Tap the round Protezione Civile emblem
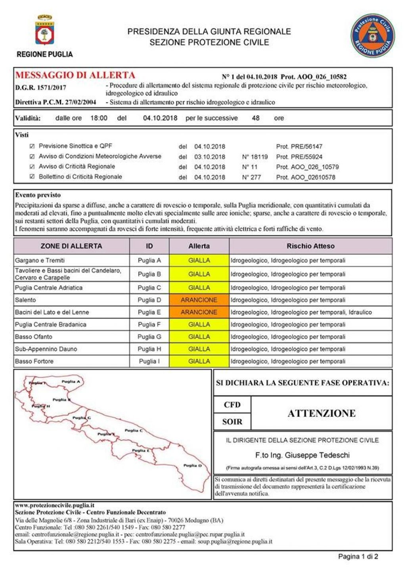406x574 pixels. click(x=372, y=36)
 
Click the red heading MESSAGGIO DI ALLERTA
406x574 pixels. click(x=75, y=75)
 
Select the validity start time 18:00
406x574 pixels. click(x=99, y=118)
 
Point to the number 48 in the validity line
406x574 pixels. click(x=256, y=118)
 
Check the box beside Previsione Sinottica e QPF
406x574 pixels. click(x=32, y=146)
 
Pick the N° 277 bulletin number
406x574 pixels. click(x=251, y=177)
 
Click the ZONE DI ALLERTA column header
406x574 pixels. click(x=71, y=246)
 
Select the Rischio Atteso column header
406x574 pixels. click(x=310, y=246)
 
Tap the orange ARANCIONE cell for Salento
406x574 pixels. click(x=199, y=300)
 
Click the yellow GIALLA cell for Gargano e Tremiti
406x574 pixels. click(x=199, y=260)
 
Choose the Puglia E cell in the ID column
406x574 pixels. click(x=149, y=312)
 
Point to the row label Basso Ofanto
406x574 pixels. click(x=34, y=337)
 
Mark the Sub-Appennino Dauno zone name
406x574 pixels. click(x=46, y=349)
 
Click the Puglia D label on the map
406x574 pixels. click(x=192, y=465)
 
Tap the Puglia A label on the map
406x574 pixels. click(x=71, y=381)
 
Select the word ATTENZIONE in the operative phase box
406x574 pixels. click(x=322, y=414)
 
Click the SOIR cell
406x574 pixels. click(x=232, y=422)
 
